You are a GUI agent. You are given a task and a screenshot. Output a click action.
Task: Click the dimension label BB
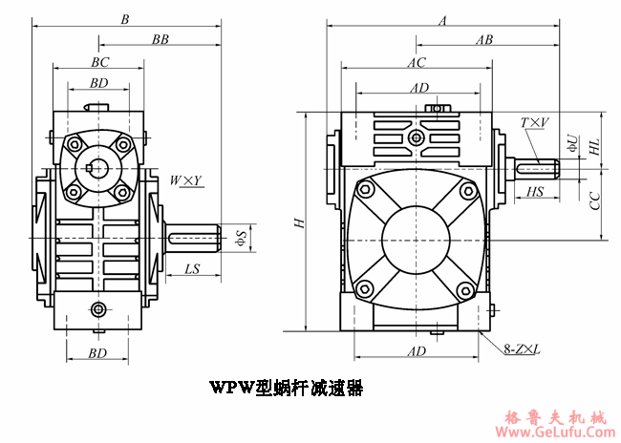point(161,39)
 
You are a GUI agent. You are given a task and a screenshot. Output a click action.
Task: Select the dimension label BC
point(99,62)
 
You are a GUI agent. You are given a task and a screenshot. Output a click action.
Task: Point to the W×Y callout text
point(184,179)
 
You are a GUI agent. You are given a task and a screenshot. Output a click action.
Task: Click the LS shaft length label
point(192,270)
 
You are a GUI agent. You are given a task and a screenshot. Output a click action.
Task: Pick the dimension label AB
point(483,40)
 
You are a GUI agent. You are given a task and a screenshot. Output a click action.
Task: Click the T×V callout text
point(534,122)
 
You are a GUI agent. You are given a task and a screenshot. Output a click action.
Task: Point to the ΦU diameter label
point(571,143)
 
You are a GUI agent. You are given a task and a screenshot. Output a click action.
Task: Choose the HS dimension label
point(535,193)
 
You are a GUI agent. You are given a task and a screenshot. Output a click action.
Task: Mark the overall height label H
point(299,222)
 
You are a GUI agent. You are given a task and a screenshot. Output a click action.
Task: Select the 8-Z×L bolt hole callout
point(522,350)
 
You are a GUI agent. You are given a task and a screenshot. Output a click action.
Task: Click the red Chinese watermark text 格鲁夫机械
point(556,417)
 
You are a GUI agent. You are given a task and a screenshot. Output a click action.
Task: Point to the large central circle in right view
point(417,239)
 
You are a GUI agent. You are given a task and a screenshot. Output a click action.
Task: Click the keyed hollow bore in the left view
point(96,168)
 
